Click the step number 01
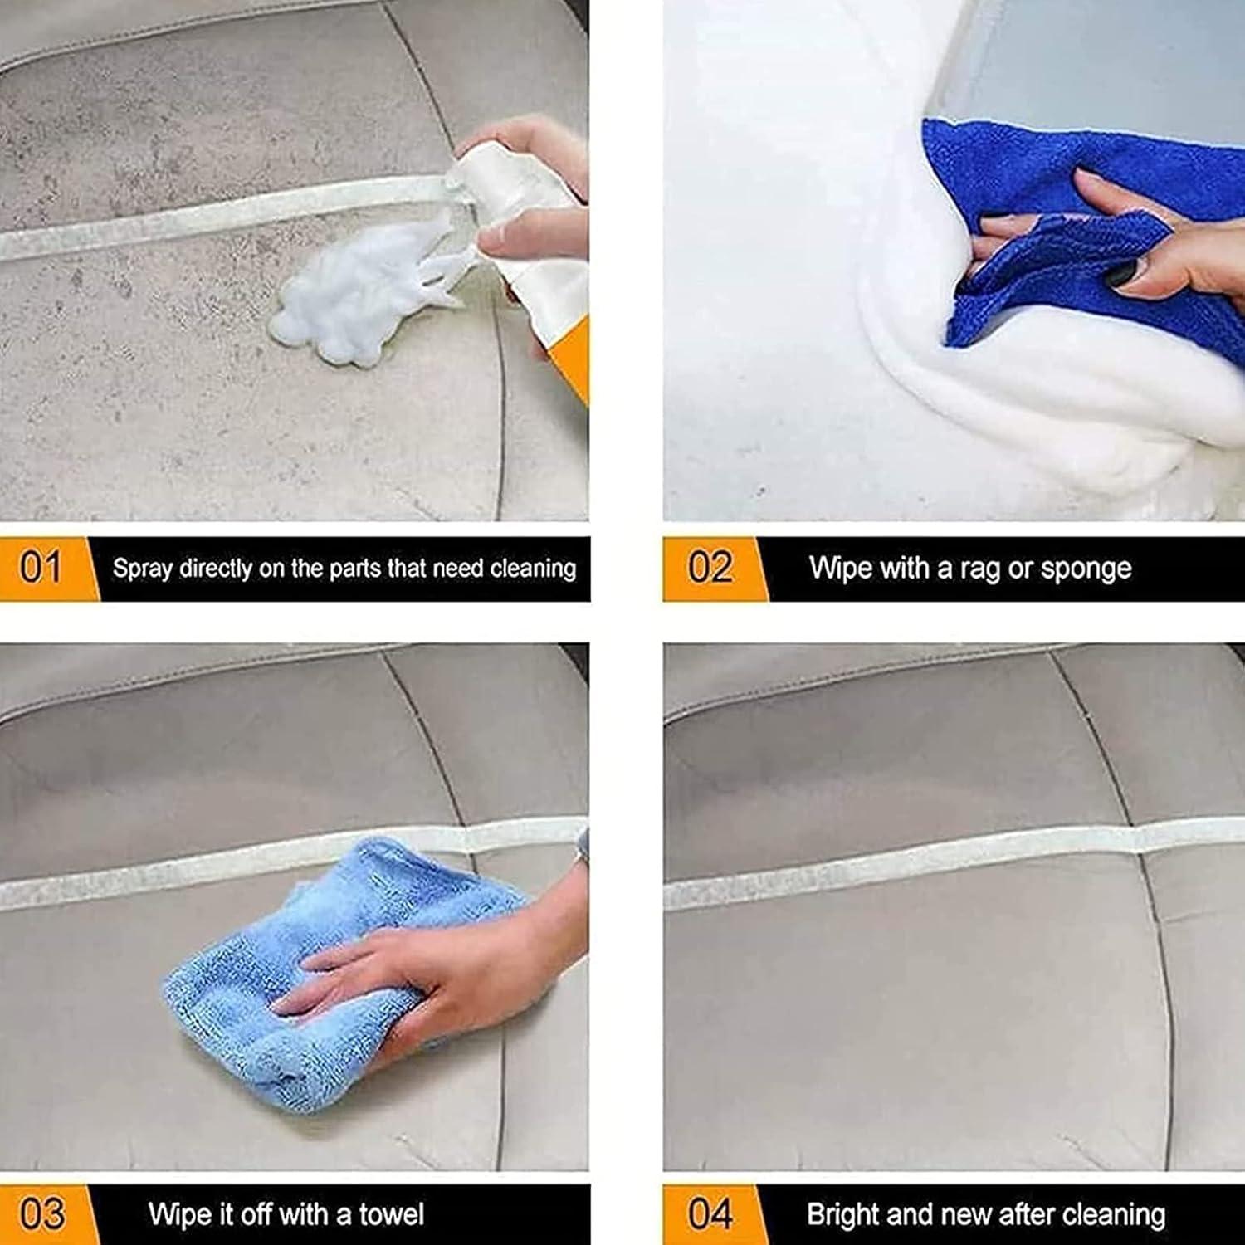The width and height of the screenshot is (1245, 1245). click(x=41, y=569)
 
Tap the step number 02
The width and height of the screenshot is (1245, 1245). click(x=710, y=569)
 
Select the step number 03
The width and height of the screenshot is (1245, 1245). click(x=41, y=1215)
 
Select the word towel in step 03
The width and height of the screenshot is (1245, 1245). click(x=391, y=1215)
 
